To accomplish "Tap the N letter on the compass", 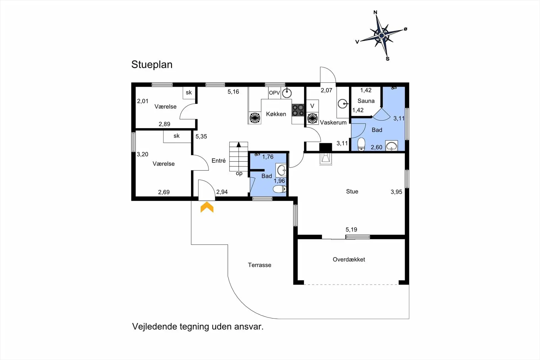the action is [x=375, y=12].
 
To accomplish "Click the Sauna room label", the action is [x=366, y=101].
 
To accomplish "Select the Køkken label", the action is [x=276, y=114].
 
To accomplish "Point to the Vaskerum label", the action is [x=333, y=122].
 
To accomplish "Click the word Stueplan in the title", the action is [x=152, y=65].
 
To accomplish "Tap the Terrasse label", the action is [x=260, y=265].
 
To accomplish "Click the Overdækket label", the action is [x=349, y=259].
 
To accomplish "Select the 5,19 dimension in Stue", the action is [x=351, y=229].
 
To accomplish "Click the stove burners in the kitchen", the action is [x=298, y=110].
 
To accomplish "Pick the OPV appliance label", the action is [x=274, y=93].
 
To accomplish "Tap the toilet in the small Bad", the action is [x=280, y=189].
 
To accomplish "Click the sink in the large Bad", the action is [x=391, y=146].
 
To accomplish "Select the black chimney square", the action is [x=326, y=148].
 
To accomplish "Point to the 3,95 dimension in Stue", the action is [x=396, y=192].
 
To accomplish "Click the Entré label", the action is [x=219, y=161].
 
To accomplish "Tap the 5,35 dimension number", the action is [x=201, y=136].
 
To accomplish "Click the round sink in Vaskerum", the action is [x=343, y=104].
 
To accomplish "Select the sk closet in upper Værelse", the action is [x=189, y=93].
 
